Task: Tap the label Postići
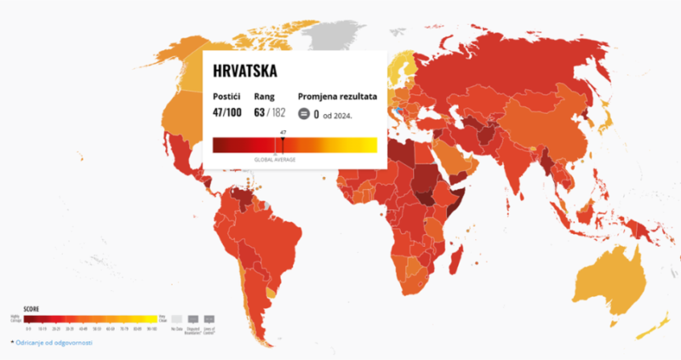coord(226,97)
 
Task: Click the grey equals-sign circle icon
coord(304,113)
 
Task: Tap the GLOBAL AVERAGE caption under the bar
coord(275,159)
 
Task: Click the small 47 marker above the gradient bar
coord(282,132)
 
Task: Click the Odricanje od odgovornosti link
coord(54,342)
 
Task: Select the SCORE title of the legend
coord(31,309)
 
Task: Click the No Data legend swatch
coord(176,319)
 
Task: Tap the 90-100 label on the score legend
coord(152,329)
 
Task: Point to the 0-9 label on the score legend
coord(28,329)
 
